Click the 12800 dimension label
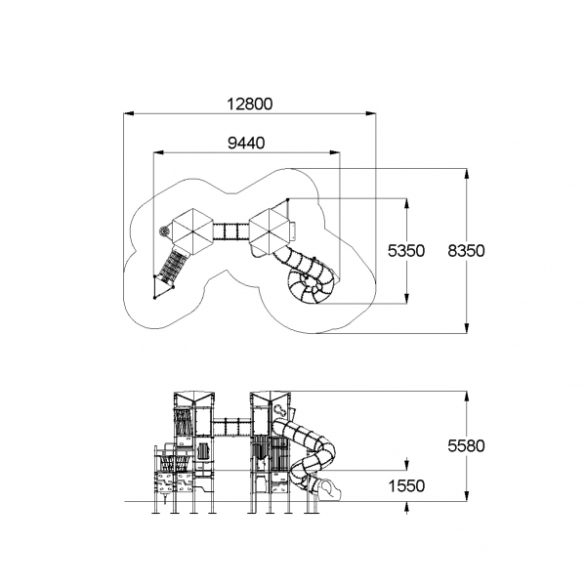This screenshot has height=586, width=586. point(250,104)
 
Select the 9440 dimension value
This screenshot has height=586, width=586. point(246,143)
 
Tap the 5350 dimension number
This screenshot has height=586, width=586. point(406,251)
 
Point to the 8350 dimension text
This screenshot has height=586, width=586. point(466,251)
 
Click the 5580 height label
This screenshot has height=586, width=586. point(466,446)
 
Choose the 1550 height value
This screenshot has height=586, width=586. point(406,486)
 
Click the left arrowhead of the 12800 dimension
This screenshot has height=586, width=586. point(129,113)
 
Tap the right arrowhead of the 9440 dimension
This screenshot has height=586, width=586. point(335,152)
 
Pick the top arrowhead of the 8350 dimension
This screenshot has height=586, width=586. point(467,174)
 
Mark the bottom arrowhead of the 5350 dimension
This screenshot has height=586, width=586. point(406,298)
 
